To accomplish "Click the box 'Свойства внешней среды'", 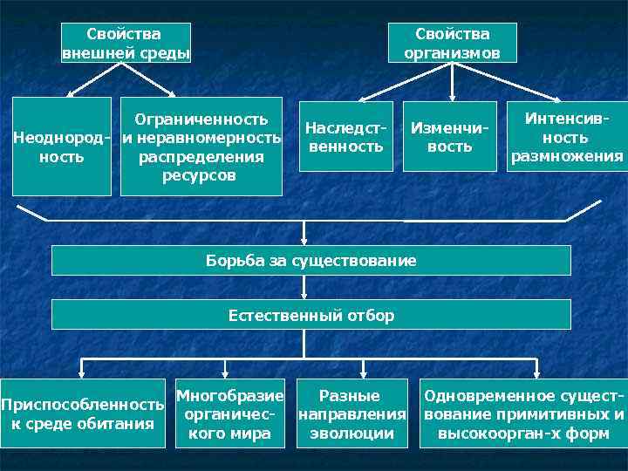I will tap(126, 43).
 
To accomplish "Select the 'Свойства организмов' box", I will tap(452, 43).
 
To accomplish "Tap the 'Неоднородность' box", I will tap(61, 147).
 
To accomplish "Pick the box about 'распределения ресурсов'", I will tap(201, 147).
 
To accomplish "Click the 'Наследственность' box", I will tap(345, 137).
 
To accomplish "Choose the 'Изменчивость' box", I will tap(449, 137).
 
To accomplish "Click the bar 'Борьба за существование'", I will tap(311, 260).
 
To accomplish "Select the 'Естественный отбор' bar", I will tap(311, 315).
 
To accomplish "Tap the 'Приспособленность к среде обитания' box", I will tap(83, 413).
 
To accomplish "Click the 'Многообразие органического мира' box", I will tap(230, 413).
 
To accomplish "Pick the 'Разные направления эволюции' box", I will tap(352, 413).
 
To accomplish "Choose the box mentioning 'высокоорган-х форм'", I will tap(523, 413).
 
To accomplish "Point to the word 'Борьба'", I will tap(229, 260).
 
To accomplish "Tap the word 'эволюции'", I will tap(352, 433).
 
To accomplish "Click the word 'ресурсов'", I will tap(201, 175).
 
